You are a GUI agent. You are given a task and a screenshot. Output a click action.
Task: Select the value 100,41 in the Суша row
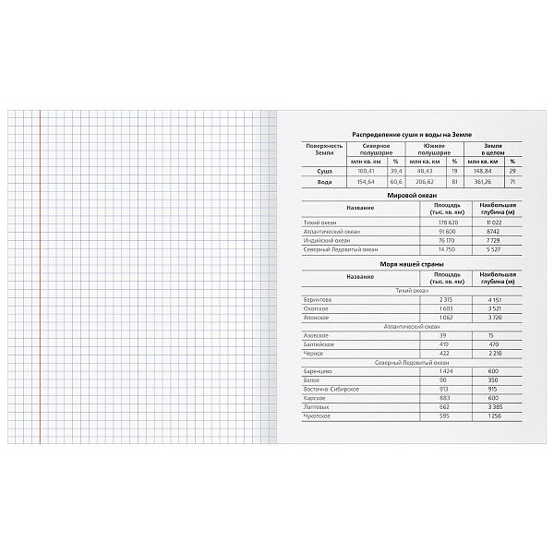(368, 171)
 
